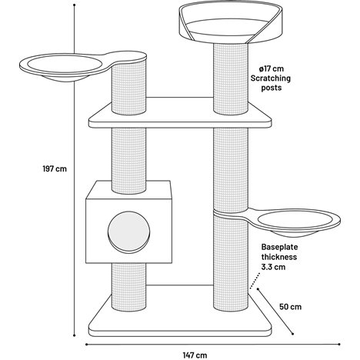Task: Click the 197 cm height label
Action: (55, 168)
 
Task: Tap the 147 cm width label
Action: (195, 355)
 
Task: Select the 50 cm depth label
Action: (290, 307)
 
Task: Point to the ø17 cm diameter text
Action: (271, 68)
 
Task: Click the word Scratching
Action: (271, 78)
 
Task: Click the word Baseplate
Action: (279, 247)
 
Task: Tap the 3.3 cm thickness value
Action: (273, 267)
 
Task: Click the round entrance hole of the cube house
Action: (128, 232)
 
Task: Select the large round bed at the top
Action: (230, 22)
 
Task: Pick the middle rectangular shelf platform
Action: (180, 113)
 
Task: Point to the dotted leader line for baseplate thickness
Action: (255, 281)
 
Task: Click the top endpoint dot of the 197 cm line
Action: (75, 5)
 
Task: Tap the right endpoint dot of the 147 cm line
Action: (339, 344)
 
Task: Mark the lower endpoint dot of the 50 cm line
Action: (292, 334)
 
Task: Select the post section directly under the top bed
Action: (231, 78)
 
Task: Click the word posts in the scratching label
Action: (272, 88)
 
